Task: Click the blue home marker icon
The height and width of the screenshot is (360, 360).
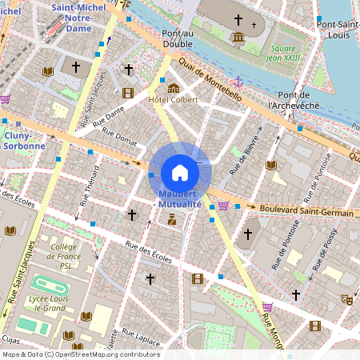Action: click(180, 172)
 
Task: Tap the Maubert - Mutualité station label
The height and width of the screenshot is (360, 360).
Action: click(180, 199)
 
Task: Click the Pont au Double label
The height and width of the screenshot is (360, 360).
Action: click(178, 38)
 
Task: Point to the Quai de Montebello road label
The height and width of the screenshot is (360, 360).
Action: click(210, 81)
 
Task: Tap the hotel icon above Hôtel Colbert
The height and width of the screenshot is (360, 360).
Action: click(173, 86)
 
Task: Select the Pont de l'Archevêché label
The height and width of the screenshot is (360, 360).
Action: click(294, 99)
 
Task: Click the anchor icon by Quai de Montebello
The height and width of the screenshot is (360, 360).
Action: click(237, 81)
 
